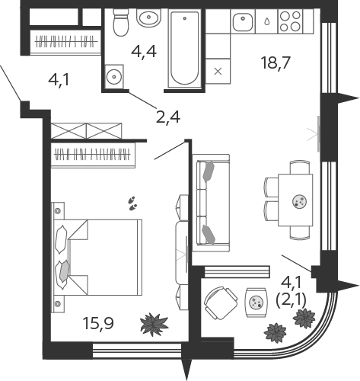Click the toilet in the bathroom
coord(119,22)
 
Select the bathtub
coord(184,48)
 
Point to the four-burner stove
coord(290,21)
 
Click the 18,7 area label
coord(276,62)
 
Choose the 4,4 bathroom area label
coord(144,52)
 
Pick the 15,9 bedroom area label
coord(98,323)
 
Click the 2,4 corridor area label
coord(168,117)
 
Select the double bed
coord(97,258)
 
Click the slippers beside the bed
coord(132,203)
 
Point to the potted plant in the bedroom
coord(155,325)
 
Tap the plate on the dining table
coord(299,201)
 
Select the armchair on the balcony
coord(221,303)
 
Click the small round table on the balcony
coord(256,303)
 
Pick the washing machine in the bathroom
coord(114,76)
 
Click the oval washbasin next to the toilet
coord(148,18)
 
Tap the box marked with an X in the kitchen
coord(218,71)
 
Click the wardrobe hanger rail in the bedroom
coord(93,154)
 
